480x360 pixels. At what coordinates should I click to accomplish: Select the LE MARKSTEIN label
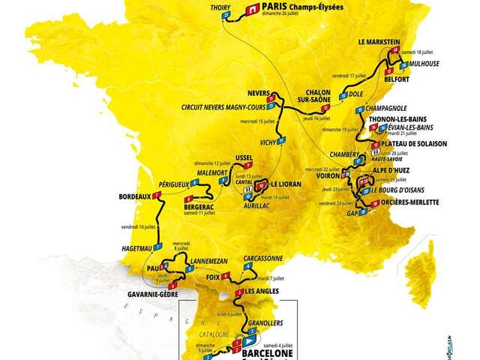pyautogui.click(x=381, y=42)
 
